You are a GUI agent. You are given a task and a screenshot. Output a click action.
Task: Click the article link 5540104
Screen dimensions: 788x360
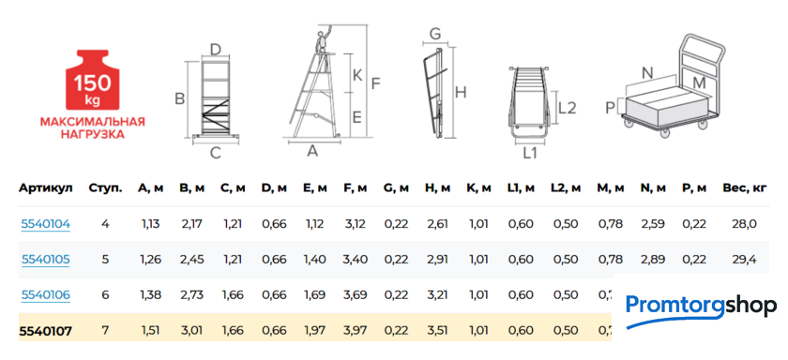click(45, 224)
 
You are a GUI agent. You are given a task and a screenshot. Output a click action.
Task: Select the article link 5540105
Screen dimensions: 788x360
click(45, 260)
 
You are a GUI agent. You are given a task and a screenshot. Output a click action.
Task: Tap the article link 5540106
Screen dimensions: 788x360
click(45, 294)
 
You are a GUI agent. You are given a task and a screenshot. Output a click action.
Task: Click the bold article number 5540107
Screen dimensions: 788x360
click(45, 330)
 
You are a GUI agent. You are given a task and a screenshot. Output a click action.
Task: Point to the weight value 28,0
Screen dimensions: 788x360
click(744, 224)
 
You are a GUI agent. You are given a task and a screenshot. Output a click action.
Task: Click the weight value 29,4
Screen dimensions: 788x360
click(744, 260)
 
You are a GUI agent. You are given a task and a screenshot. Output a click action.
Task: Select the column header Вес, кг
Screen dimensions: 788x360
click(744, 188)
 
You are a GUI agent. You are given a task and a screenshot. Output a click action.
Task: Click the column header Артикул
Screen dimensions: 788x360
click(46, 188)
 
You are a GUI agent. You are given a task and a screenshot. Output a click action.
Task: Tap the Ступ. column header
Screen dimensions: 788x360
click(105, 188)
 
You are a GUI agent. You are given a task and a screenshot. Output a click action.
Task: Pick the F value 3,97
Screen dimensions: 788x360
click(356, 330)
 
